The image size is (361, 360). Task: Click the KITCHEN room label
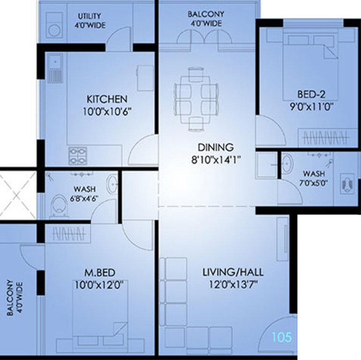pos(106,99)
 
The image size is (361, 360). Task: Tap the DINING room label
pos(215,147)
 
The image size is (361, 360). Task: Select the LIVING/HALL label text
pos(233,272)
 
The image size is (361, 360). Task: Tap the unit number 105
pos(281,337)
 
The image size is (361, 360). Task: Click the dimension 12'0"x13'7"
pos(233,284)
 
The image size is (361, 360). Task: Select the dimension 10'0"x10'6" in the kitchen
pos(106,112)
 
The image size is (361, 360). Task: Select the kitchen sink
pos(55,68)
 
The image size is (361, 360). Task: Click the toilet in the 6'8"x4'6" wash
pos(59,206)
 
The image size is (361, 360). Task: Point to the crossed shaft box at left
pos(18,194)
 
